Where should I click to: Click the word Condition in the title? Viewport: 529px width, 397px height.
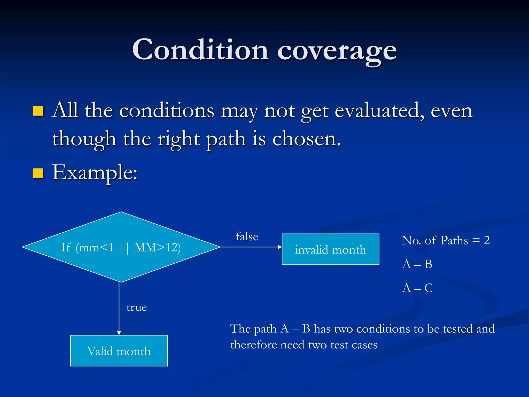point(200,50)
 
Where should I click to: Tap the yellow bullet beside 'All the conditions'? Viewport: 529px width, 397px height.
point(38,111)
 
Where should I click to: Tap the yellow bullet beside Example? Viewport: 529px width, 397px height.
point(38,173)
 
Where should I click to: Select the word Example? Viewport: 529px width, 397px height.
point(95,173)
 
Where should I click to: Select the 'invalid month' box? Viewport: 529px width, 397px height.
point(330,249)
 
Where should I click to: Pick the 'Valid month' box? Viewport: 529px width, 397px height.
point(119,351)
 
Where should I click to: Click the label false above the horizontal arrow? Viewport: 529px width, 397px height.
point(247,236)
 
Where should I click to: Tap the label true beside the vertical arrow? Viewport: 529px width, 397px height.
point(137,307)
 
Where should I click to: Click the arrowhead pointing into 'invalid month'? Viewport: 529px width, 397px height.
point(280,247)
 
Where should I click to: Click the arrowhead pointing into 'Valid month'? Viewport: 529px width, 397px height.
point(119,333)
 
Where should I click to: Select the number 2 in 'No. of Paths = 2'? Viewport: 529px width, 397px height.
point(487,240)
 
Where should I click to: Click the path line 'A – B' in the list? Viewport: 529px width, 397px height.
point(417,264)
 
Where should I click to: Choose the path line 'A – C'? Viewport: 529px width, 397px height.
point(417,288)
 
